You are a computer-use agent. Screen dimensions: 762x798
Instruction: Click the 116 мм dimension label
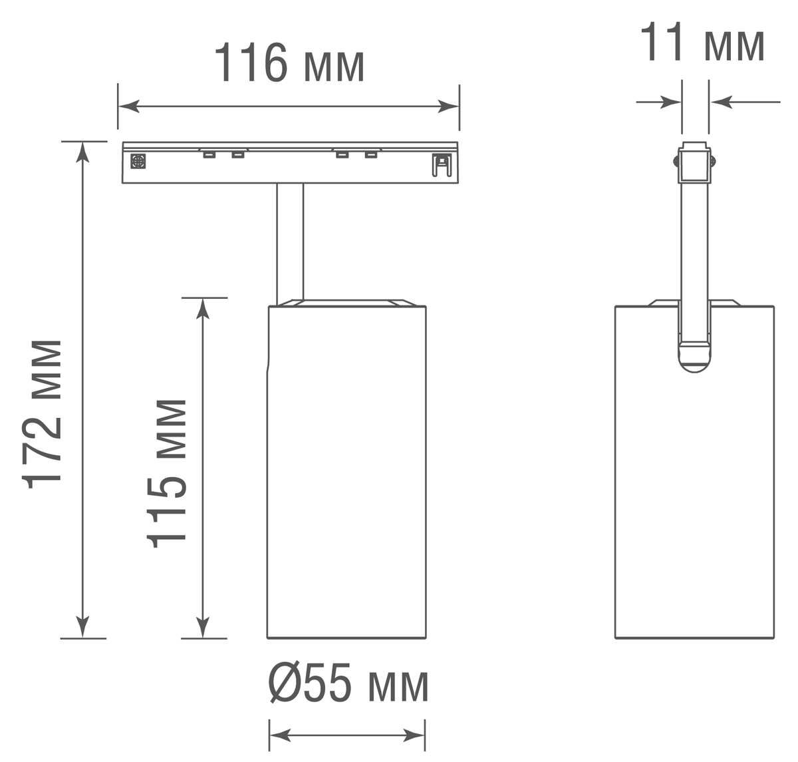[x=289, y=63]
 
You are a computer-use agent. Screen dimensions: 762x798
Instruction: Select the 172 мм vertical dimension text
[x=44, y=413]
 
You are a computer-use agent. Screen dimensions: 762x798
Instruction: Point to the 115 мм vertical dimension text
[x=167, y=473]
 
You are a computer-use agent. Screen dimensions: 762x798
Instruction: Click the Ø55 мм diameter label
[x=348, y=685]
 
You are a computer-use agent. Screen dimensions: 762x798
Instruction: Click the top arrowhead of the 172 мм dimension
[x=82, y=151]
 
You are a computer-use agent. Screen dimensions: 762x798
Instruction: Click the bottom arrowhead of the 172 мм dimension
[x=82, y=627]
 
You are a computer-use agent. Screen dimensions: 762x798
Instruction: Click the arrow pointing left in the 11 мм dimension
[x=722, y=102]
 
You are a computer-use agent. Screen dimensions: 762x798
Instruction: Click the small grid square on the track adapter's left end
[x=138, y=161]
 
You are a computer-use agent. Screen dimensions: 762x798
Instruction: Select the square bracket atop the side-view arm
[x=694, y=164]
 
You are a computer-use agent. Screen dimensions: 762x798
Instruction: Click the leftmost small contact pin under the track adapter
[x=209, y=155]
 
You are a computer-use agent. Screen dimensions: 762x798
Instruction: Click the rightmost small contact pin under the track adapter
[x=370, y=155]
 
